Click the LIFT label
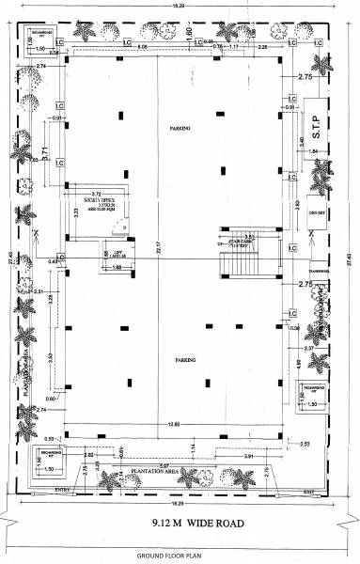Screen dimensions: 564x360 tap(117, 255)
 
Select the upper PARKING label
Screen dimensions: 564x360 tap(180, 128)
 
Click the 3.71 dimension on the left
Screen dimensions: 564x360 tap(44, 152)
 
